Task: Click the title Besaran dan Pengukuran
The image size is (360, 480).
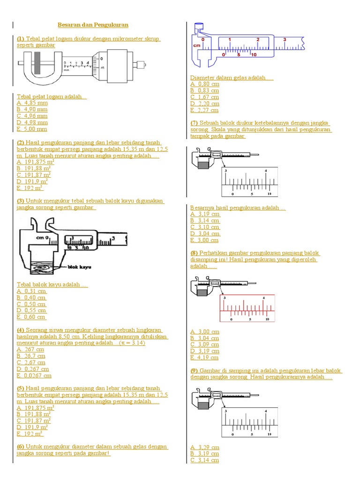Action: pos(93,24)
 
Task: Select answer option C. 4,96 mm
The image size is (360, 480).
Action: pos(32,116)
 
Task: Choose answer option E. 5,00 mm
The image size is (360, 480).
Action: pos(32,129)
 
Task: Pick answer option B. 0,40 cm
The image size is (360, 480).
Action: pos(31,297)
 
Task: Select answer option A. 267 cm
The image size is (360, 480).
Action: pos(30,349)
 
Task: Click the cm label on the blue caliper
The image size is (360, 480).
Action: pos(196,45)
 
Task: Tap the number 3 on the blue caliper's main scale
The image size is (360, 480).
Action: pos(285,40)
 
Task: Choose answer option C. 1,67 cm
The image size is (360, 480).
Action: pos(204,97)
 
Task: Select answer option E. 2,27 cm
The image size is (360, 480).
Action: pos(204,110)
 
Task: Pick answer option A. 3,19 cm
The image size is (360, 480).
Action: pos(205,214)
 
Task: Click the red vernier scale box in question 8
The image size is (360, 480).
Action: pos(247,308)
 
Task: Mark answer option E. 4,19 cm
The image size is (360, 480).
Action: pos(204,357)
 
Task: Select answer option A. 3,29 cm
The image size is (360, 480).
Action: pos(204,447)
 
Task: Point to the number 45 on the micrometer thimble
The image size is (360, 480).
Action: pos(103,68)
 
